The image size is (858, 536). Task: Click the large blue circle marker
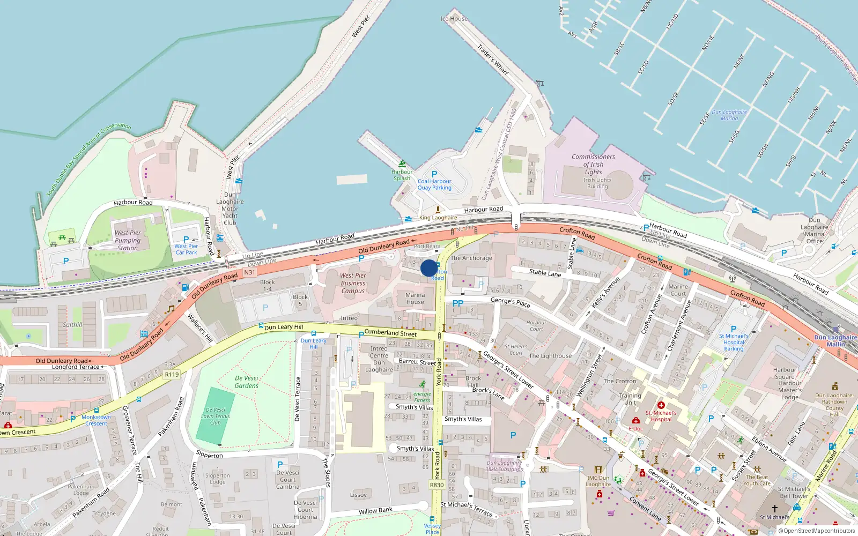point(429,268)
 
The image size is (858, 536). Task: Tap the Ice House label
point(454,19)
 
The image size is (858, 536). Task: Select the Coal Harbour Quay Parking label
point(434,184)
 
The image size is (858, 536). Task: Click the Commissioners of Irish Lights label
point(593,164)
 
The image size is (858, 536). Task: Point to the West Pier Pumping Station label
point(128,240)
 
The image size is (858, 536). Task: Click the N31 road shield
point(249,272)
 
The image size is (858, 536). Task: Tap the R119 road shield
point(172,375)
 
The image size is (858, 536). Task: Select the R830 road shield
point(437,485)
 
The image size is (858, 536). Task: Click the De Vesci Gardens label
point(247,382)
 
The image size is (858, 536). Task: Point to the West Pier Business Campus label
point(353,283)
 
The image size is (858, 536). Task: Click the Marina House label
point(415,299)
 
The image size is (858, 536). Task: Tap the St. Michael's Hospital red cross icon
point(661,406)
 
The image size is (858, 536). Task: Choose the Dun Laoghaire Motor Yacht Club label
point(230,209)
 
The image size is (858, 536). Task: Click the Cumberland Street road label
point(390,333)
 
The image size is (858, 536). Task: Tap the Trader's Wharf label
point(493,59)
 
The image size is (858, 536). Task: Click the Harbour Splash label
point(402,175)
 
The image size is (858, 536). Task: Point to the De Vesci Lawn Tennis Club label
point(215,416)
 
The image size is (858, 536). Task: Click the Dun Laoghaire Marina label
point(729,115)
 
